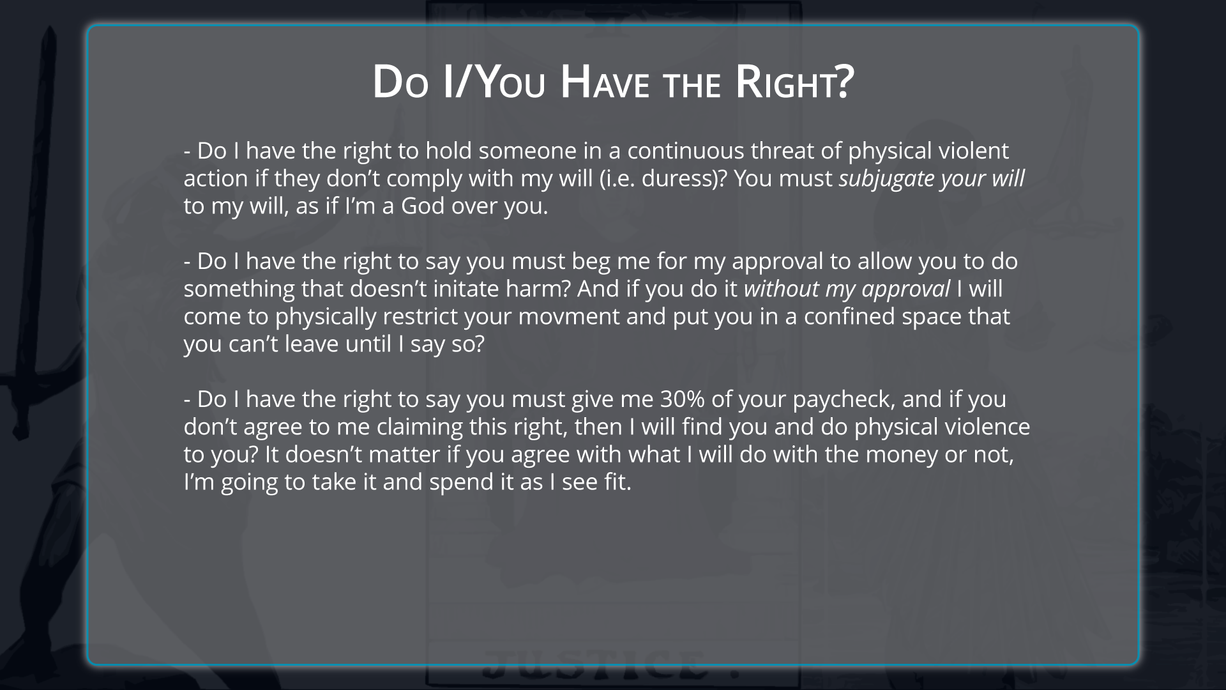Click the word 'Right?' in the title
coord(794,82)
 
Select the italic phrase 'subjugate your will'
coord(932,179)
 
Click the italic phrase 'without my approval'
coord(847,289)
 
